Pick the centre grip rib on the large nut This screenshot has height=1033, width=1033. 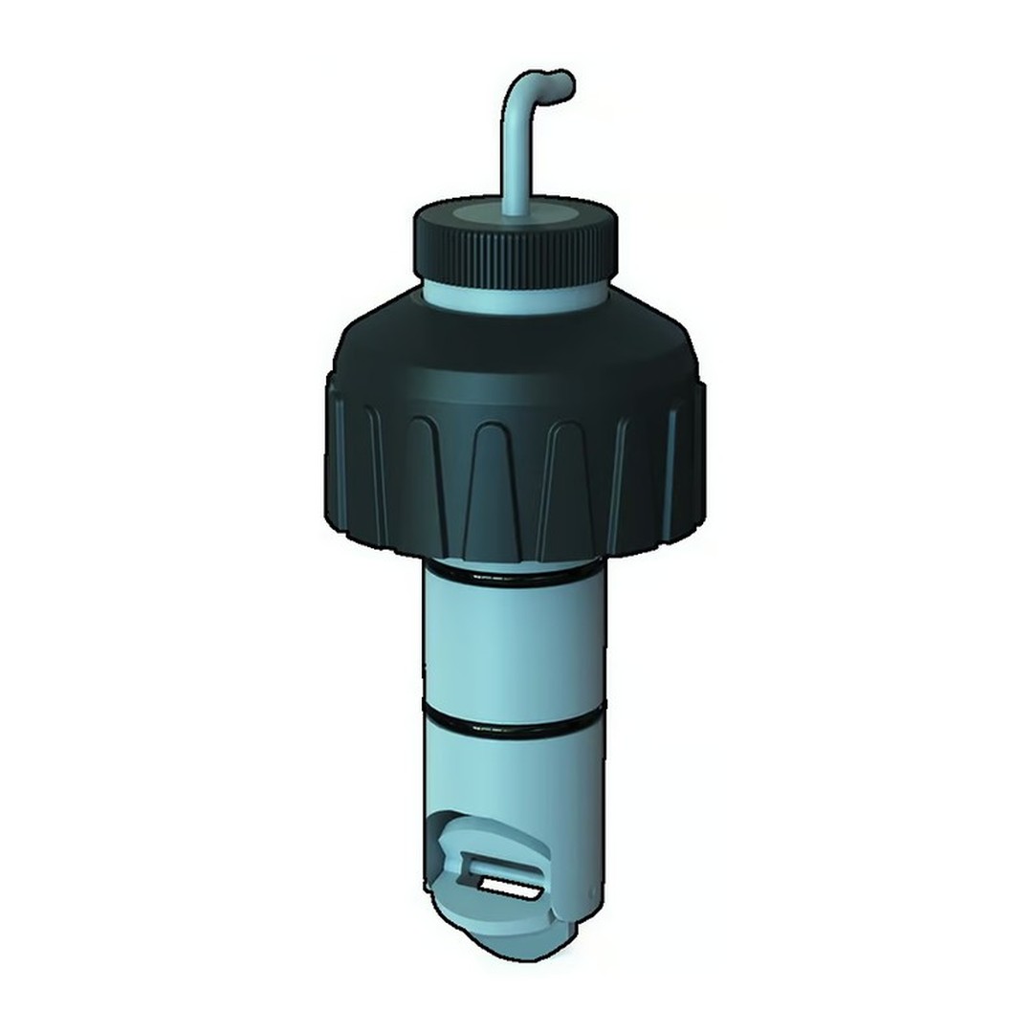point(497,488)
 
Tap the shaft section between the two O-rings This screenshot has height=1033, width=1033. point(515,650)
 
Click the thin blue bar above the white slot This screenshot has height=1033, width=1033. point(501,872)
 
